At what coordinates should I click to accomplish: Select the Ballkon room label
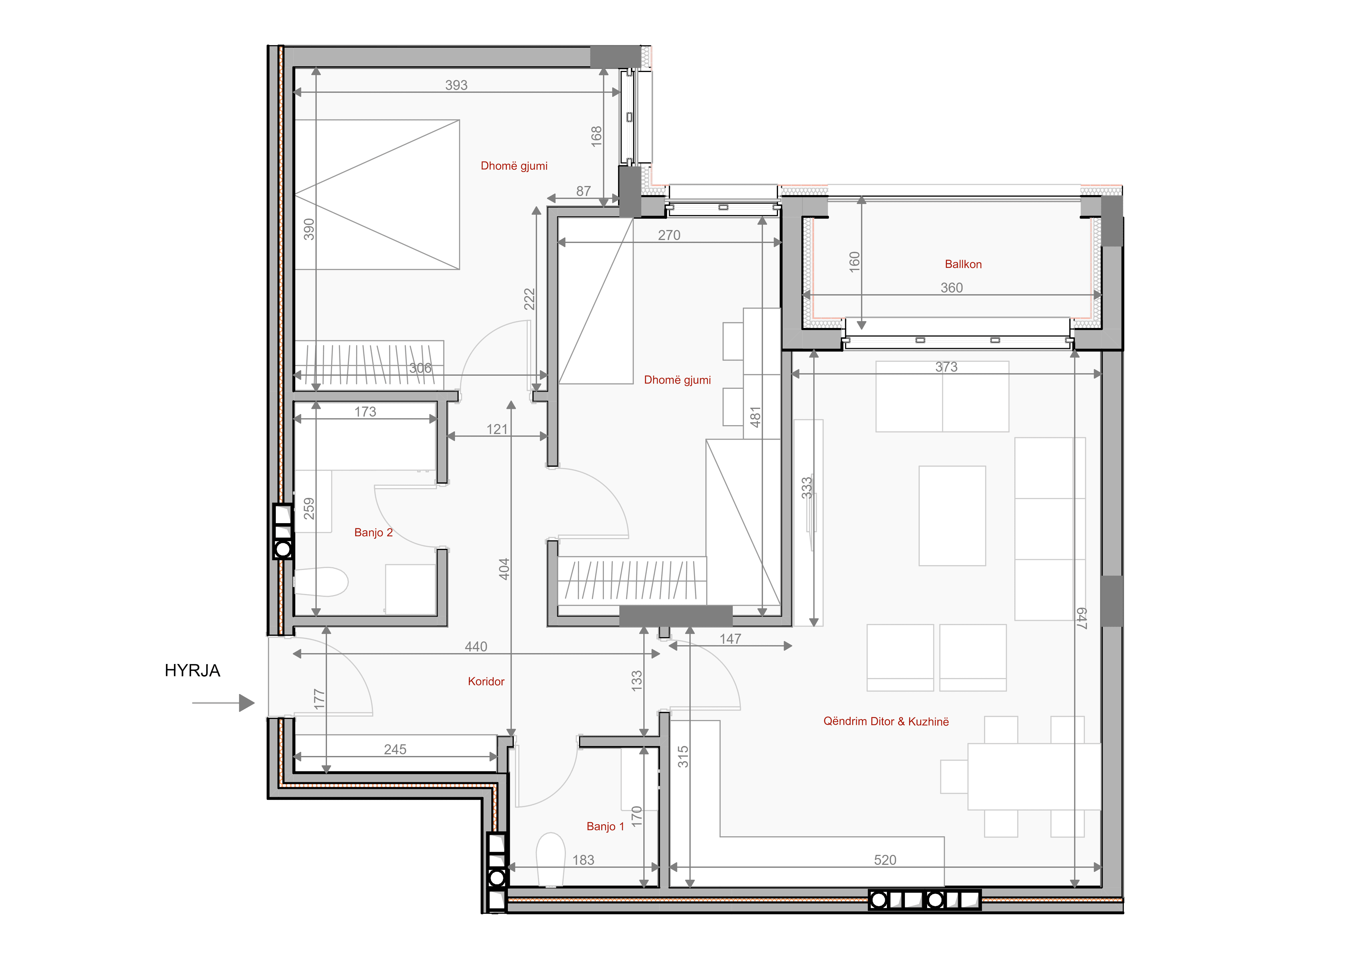(963, 264)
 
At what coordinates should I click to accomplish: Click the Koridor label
(486, 682)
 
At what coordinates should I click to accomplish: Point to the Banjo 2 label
(374, 532)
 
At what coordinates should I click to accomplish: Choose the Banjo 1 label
(605, 826)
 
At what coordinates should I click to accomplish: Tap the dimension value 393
(456, 85)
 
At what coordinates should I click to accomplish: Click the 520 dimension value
(885, 860)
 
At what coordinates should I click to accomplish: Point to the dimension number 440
(476, 647)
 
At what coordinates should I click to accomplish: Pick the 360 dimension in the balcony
(951, 288)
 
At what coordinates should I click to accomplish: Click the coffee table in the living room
(952, 516)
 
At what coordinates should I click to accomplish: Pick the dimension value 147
(730, 639)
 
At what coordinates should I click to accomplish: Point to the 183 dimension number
(583, 860)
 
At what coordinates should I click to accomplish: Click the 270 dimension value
(669, 235)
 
